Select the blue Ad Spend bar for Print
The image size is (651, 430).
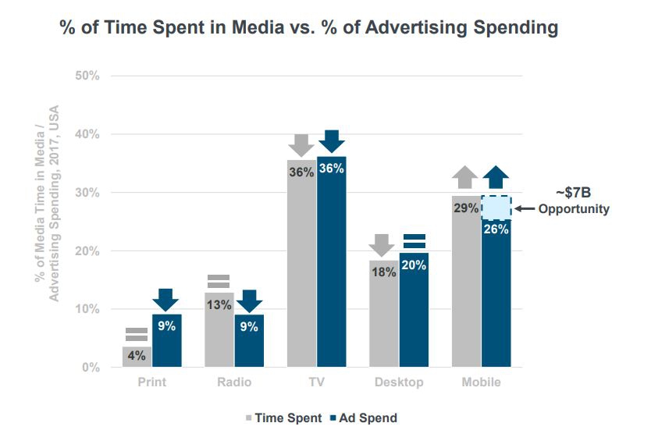(166, 343)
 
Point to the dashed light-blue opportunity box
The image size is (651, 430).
(496, 208)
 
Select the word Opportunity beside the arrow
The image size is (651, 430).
(574, 209)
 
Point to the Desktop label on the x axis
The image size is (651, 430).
(399, 382)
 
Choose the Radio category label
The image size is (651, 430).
(233, 382)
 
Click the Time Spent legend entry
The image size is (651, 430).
(286, 418)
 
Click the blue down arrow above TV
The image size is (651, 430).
(333, 141)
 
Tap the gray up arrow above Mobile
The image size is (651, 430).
(466, 178)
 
